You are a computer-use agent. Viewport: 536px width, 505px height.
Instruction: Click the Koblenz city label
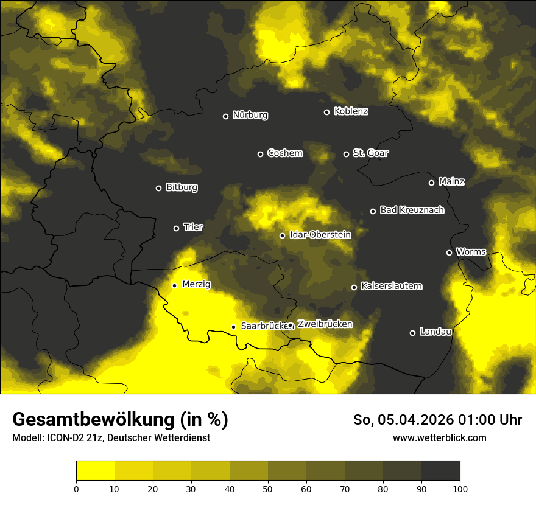[351, 111]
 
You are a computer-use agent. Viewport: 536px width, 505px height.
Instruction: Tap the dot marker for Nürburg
[225, 116]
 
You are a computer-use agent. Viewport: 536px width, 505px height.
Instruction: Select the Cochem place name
[284, 153]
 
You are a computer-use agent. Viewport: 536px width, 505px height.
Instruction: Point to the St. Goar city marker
[346, 154]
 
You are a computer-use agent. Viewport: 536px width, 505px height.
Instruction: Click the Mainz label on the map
[451, 182]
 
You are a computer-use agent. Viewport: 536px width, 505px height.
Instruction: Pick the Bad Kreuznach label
[412, 211]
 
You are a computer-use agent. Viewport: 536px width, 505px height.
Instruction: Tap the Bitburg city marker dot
[158, 188]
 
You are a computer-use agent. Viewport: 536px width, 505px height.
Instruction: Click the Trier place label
[192, 228]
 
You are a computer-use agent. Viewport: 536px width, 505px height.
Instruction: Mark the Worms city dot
[449, 252]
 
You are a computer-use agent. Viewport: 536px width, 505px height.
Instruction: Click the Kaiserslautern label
[391, 286]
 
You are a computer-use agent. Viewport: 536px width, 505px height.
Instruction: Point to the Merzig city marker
[174, 285]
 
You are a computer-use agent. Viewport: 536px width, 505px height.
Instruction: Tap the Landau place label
[435, 332]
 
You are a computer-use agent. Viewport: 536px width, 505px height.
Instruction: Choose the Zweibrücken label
[325, 324]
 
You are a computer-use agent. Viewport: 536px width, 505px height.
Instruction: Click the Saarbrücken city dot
[233, 327]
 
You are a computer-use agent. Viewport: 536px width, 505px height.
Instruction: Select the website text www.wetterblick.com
[439, 437]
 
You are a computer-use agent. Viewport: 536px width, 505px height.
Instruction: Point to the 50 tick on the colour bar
[268, 488]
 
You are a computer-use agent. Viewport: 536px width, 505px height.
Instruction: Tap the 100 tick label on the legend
[460, 488]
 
